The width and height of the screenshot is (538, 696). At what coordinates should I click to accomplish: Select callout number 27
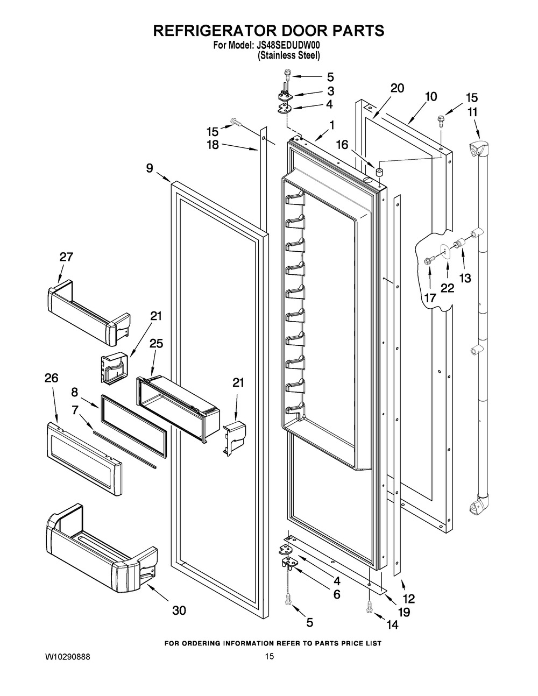coord(66,257)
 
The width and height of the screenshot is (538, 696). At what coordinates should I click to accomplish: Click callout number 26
coord(52,378)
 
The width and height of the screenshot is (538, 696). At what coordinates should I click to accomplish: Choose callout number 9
coord(149,167)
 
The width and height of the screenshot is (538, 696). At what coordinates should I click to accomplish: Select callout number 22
coord(447,287)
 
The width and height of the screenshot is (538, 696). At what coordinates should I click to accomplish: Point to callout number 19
coord(403,612)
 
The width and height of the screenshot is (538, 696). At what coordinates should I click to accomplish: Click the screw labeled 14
coord(369,607)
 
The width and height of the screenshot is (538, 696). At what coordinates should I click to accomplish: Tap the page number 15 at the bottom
coord(270,656)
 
